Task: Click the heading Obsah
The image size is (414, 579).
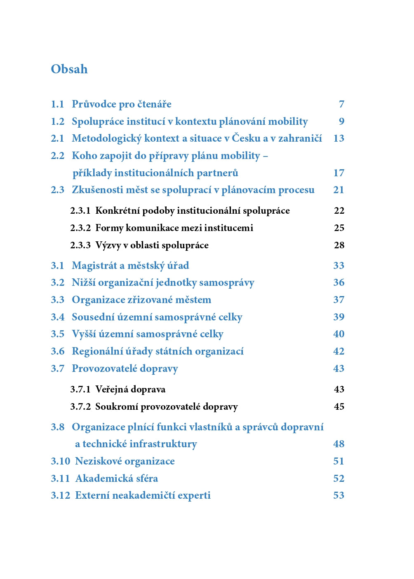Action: pos(69,69)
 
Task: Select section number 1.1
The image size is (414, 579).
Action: pos(57,104)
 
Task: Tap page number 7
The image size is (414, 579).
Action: pos(341,104)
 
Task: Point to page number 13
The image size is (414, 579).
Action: pos(339,138)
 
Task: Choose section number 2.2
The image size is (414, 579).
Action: pos(57,156)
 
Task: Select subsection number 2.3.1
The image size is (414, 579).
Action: pos(80,211)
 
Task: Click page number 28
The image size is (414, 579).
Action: pos(339,245)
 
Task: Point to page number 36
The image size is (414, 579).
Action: pos(339,282)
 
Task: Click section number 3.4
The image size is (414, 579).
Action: pos(57,317)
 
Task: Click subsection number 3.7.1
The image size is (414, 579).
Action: pos(80,390)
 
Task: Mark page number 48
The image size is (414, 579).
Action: pos(339,444)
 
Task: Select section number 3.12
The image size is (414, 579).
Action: pos(60,495)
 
